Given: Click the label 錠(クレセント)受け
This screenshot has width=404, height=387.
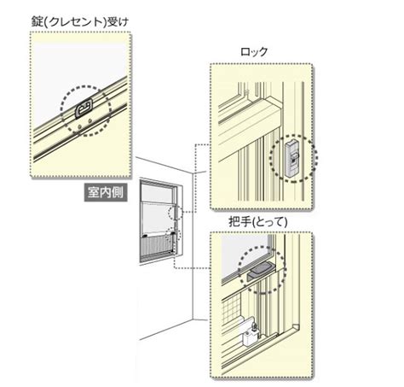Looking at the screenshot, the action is pos(79,22).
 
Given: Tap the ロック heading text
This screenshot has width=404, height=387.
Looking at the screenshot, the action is pos(254,52).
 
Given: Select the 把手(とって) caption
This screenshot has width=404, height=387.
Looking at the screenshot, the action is pos(258,222).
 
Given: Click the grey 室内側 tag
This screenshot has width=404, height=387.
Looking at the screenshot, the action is pos(106,193).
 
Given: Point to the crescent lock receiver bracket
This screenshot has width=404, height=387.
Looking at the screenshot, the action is pos(84,108).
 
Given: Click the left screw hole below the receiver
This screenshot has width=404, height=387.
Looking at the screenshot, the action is pos(79,126).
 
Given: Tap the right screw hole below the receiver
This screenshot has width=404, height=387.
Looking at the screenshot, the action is pos(89,120).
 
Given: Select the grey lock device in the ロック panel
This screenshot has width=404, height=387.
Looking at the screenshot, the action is pos(292,159).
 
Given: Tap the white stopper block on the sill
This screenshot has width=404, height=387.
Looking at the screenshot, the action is pos(251,335).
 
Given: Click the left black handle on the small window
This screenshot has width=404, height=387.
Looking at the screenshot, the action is pos(145,236).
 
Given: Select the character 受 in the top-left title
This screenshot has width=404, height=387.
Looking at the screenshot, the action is pos(113,22).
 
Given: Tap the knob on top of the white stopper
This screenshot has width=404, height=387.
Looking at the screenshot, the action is pos(254,325).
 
